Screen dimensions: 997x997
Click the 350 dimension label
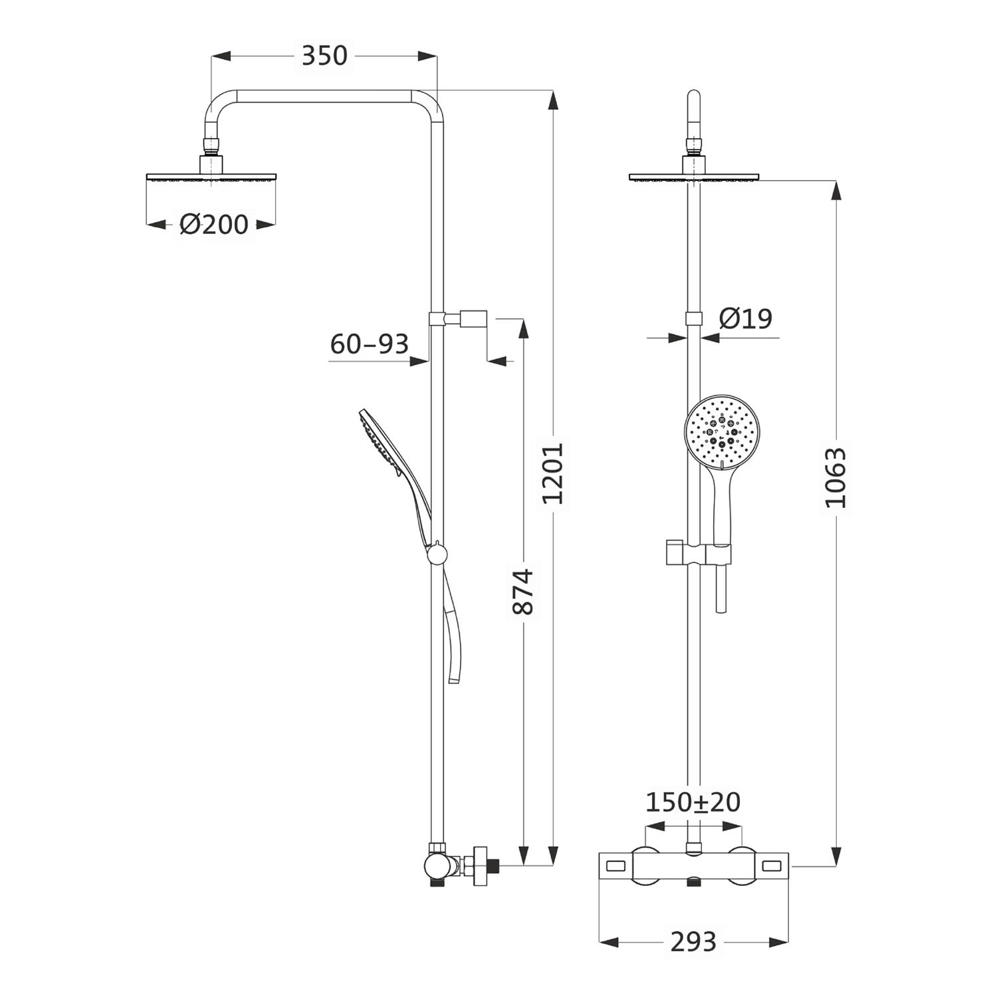coord(324,56)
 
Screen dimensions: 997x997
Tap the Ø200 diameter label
coord(214,225)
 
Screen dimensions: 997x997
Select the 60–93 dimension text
coord(369,344)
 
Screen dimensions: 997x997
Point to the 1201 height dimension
coord(552,473)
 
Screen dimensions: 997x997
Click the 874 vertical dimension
coord(524,591)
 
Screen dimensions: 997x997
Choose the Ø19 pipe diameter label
coord(746,319)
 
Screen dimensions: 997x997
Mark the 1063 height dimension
coord(836,478)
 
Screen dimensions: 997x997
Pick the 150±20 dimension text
coord(693,802)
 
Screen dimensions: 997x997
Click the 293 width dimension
coord(693,942)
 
